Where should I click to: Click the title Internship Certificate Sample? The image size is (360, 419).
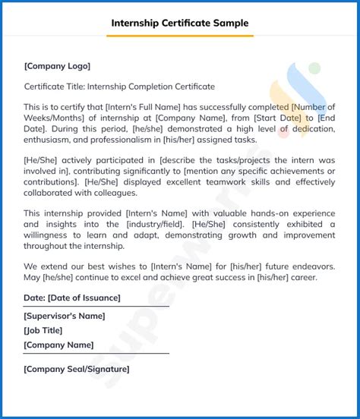coord(180,23)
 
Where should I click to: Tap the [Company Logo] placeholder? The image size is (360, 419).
coord(57,66)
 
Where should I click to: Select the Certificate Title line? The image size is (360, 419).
coord(119,87)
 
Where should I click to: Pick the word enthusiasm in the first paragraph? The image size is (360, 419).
coord(50,140)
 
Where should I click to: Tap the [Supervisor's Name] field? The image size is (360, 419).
coord(65,316)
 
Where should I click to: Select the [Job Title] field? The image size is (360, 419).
coord(43,330)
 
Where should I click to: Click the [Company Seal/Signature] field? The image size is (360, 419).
coord(77,369)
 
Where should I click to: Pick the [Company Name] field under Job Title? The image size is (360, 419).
coord(58,345)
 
